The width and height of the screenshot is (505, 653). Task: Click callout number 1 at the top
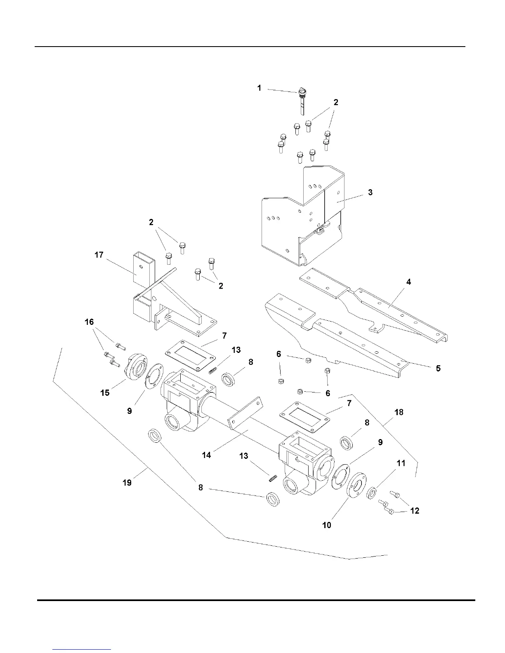click(259, 88)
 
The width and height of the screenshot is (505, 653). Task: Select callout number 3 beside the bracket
click(370, 192)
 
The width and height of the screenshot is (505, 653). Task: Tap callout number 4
click(408, 282)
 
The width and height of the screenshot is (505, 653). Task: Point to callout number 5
click(438, 368)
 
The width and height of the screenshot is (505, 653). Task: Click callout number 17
click(99, 255)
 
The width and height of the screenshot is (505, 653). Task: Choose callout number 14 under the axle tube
click(206, 455)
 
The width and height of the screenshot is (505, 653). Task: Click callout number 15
click(105, 392)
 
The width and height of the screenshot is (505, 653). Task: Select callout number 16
click(89, 322)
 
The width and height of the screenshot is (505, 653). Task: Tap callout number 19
click(127, 482)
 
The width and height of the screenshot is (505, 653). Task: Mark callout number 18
click(399, 412)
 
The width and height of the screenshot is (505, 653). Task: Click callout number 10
click(326, 525)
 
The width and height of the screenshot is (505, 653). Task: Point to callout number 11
click(401, 463)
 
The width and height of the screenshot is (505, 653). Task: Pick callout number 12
click(415, 511)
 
